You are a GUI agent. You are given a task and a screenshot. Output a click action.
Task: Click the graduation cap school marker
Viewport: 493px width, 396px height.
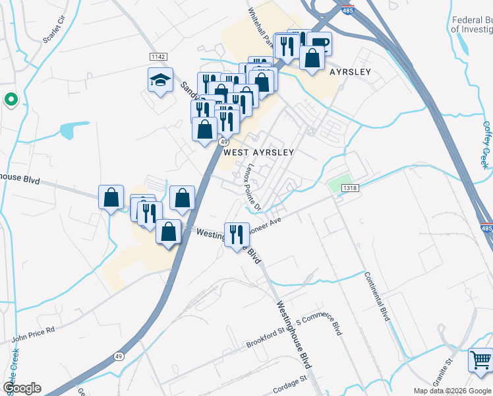[x=160, y=81]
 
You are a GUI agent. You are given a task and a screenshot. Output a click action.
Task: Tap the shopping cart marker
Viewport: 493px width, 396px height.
[x=480, y=360]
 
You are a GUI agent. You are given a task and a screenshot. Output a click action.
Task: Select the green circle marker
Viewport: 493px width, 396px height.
[x=11, y=100]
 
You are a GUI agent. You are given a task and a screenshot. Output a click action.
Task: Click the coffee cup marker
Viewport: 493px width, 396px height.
[x=319, y=44]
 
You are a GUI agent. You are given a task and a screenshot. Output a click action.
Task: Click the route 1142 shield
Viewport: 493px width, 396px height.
[x=158, y=57]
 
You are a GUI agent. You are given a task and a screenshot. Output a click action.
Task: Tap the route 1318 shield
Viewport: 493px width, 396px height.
[x=350, y=188]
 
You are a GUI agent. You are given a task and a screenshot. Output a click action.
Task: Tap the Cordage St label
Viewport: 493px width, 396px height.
[x=291, y=381]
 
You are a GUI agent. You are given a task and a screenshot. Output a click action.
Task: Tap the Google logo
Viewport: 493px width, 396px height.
[x=22, y=388]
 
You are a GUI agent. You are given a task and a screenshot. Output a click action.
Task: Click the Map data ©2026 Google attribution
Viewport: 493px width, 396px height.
[x=452, y=391]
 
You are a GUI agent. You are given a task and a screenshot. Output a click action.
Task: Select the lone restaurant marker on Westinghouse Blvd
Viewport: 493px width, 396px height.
[x=236, y=234]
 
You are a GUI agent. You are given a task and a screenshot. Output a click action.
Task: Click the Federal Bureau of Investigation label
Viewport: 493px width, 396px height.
[x=472, y=25]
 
